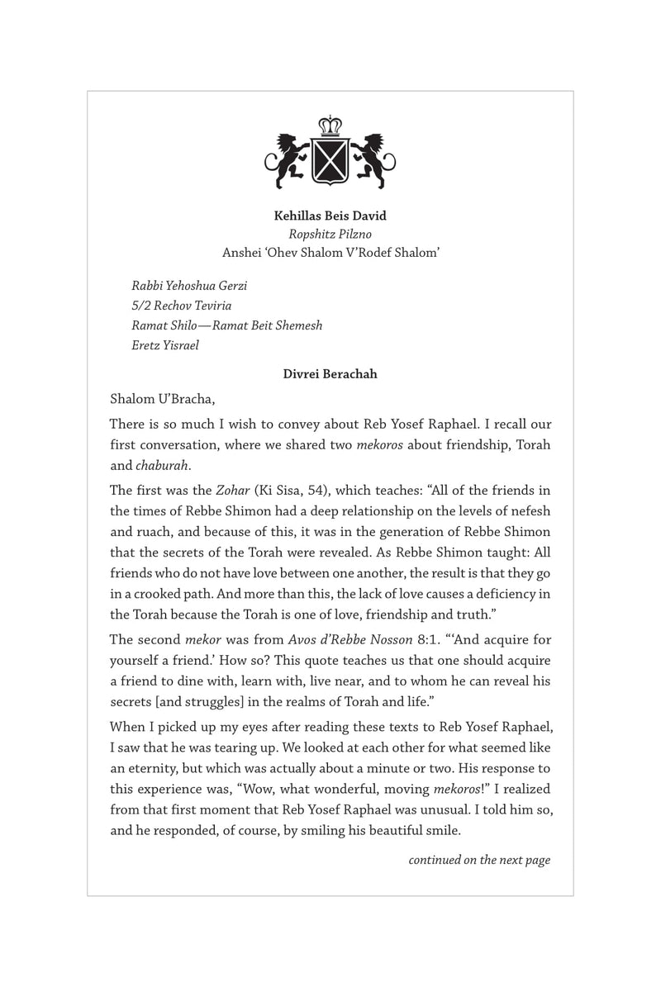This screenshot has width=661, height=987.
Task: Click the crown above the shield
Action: (x=330, y=128)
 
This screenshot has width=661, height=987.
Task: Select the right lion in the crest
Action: (x=373, y=158)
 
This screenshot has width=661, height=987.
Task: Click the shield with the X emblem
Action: (x=330, y=162)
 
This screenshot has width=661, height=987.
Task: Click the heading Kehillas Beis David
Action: (x=330, y=216)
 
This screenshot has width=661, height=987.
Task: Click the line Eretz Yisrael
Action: (x=165, y=345)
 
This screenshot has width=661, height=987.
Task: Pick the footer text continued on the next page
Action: (x=479, y=861)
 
